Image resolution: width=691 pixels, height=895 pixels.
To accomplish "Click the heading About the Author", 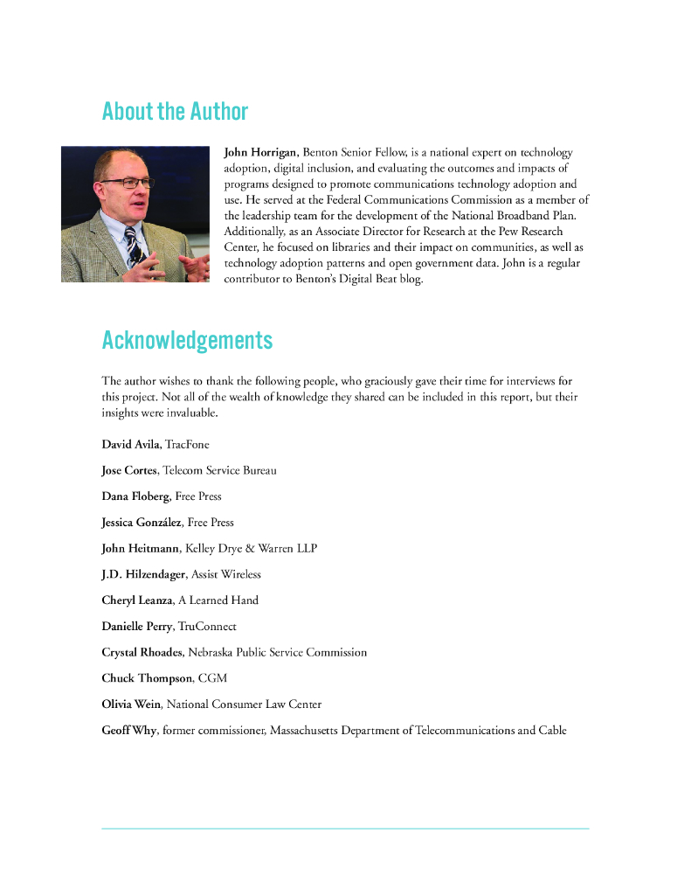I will pos(175,112).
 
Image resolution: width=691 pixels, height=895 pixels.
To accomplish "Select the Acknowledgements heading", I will pos(187,340).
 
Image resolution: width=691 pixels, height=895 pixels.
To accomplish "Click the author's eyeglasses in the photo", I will pos(127,183).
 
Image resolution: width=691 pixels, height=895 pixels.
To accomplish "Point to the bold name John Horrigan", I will pos(260,152).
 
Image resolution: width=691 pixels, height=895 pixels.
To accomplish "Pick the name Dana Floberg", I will pos(135,496).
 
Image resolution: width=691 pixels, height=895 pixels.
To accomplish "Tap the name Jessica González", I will pos(141,523).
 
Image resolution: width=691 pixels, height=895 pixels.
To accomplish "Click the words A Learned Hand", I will pos(218,600).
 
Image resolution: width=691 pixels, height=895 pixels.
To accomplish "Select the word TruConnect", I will pos(207,627).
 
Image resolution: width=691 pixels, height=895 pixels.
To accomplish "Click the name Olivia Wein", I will pos(131,704).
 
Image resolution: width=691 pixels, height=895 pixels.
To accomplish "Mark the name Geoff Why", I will pos(128,730).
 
